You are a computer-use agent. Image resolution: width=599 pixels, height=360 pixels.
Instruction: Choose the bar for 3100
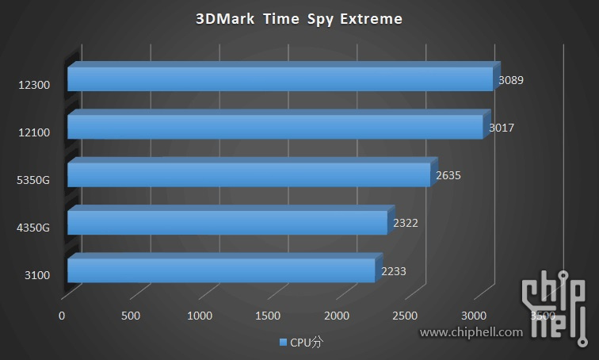click(x=221, y=270)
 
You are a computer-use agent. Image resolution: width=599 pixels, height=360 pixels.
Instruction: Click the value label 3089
click(x=511, y=80)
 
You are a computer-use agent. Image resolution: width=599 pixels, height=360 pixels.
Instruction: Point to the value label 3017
click(x=500, y=128)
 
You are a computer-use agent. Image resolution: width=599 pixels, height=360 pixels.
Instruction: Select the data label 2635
click(x=448, y=175)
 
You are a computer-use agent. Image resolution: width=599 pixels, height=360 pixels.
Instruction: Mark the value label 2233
click(x=394, y=271)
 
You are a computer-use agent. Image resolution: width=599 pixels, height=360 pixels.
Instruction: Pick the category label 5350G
click(x=33, y=180)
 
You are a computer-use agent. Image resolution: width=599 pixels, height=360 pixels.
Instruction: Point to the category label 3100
click(x=38, y=275)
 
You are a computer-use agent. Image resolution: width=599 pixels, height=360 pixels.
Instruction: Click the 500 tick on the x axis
click(x=131, y=316)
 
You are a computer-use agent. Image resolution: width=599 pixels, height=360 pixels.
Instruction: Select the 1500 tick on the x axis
click(x=269, y=316)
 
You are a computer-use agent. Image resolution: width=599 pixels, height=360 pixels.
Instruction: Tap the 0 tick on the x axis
click(x=62, y=316)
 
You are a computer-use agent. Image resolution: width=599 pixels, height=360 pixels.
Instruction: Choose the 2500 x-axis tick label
click(x=406, y=316)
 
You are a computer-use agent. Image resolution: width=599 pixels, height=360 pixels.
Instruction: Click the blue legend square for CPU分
click(x=283, y=343)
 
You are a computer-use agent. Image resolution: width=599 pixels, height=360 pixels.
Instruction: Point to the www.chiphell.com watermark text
click(x=471, y=332)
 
